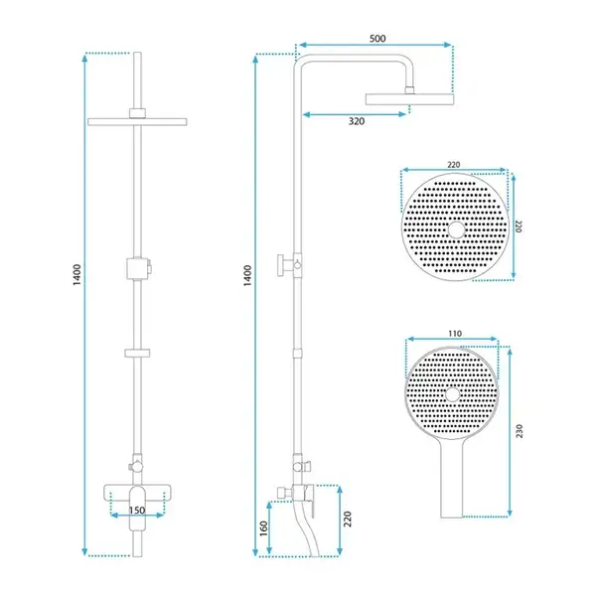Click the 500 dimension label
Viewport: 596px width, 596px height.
(377, 39)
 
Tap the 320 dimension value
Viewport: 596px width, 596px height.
(357, 121)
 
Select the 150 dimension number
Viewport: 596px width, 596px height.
(137, 511)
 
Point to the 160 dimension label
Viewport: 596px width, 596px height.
(264, 528)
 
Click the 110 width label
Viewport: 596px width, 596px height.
(455, 334)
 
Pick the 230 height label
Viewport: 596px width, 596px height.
(520, 431)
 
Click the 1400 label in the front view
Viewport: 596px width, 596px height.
(77, 275)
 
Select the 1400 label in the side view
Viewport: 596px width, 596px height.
(247, 276)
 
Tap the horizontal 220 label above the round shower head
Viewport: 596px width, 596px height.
(454, 165)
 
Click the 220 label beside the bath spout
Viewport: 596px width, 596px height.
(348, 519)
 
